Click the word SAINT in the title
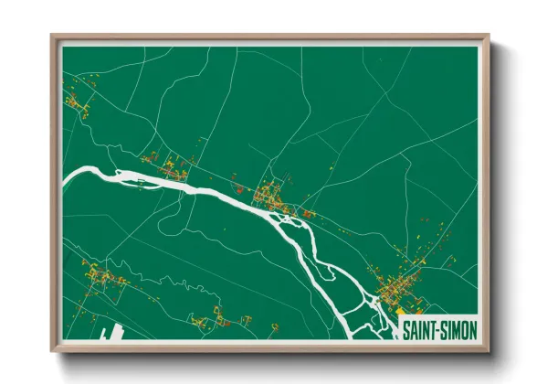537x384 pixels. pos(419,331)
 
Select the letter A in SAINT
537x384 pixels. pos(415,331)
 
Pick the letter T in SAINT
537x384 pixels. pos(434,331)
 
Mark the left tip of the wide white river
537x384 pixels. pos(65,174)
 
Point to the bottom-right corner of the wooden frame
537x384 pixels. pos(488,351)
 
